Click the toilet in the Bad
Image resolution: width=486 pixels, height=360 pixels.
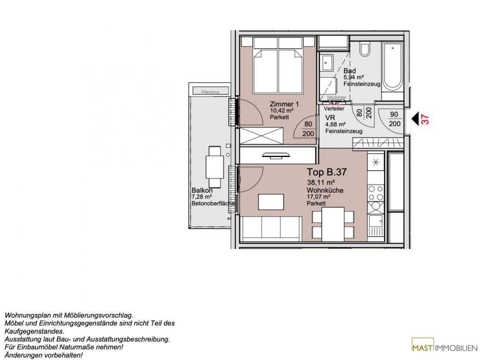tap(365, 49)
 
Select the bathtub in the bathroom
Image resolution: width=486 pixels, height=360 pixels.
tap(392, 66)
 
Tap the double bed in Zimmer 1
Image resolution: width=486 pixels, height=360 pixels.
tap(278, 65)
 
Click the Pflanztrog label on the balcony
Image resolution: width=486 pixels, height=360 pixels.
tap(210, 92)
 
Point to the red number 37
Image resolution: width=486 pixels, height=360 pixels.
tap(425, 119)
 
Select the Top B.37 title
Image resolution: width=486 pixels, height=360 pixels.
tap(327, 172)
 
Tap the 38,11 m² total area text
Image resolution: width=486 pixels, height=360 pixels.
tap(321, 182)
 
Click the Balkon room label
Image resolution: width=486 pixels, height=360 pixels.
tap(202, 191)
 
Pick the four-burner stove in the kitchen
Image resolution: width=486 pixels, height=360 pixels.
tap(375, 193)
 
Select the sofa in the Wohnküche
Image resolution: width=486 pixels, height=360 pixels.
tap(271, 229)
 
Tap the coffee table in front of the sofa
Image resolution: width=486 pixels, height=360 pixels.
tap(271, 201)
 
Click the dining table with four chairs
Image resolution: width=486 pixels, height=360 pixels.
tap(333, 224)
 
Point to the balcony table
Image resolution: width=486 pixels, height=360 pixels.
tap(215, 166)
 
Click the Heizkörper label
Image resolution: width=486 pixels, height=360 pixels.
tap(337, 97)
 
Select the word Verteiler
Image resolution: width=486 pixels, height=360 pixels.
tap(334, 109)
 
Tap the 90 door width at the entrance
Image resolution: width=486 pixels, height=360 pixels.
tap(394, 115)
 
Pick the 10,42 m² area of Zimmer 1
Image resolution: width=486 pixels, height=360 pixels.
tap(282, 110)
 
